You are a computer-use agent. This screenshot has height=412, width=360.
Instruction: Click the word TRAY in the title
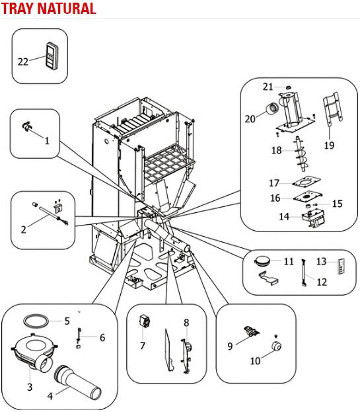coord(18,8)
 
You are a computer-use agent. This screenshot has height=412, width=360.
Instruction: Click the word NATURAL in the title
coord(67,8)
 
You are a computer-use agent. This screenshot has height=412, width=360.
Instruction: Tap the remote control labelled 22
coord(52,56)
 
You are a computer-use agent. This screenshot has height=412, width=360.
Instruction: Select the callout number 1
coord(47,141)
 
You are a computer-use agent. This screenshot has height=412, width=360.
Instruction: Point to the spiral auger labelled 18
coord(301,153)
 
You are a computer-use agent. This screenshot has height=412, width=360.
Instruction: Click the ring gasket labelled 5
coord(36,321)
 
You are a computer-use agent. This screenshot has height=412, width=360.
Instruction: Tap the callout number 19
coord(330,145)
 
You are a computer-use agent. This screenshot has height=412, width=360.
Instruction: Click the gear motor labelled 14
coord(313,218)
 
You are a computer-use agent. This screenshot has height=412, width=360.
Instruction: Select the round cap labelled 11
coord(262,261)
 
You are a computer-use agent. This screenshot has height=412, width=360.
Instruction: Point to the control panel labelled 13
coord(342,267)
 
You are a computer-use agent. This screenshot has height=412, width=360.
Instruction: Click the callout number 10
coord(256,360)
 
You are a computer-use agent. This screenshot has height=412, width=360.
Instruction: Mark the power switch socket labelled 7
coord(144,321)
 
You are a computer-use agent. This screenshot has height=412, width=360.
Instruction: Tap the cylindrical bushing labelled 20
coord(273,108)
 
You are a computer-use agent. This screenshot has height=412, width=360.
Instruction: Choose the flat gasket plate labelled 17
coord(306,183)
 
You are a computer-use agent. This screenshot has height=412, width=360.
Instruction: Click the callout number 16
coord(275,198)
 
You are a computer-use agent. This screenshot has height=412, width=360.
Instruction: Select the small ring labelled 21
coord(288,87)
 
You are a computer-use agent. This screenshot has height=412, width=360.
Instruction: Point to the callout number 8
coord(186,323)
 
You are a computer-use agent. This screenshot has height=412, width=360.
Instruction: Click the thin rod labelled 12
coord(304,272)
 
